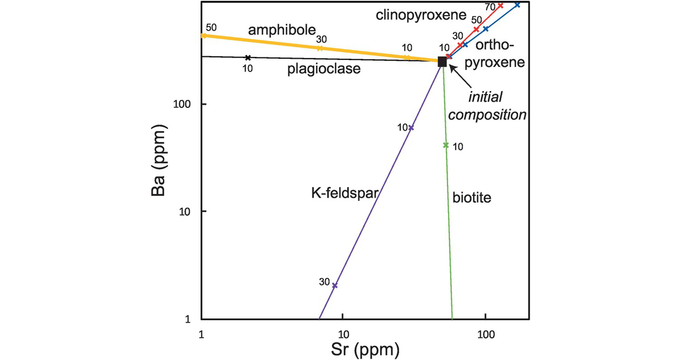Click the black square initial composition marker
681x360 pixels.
click(442, 61)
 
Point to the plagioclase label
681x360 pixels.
click(324, 69)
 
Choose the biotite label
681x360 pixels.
click(471, 198)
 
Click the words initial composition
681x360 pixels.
click(496, 106)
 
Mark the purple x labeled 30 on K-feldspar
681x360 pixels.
click(335, 285)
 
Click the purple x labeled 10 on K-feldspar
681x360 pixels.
click(412, 128)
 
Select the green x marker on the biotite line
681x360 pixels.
click(446, 145)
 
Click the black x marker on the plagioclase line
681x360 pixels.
click(248, 58)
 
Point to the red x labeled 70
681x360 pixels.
click(500, 6)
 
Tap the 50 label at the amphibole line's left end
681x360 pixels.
click(211, 28)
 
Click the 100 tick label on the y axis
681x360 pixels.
click(182, 104)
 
